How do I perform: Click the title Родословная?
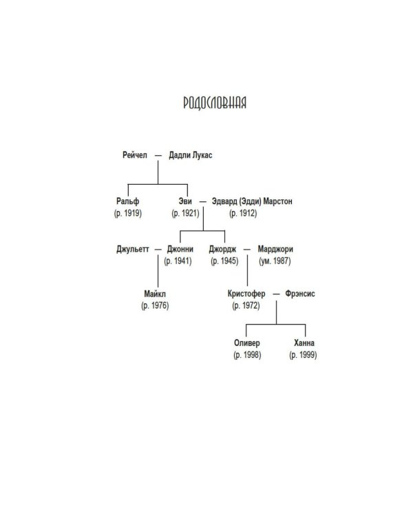[x=215, y=103]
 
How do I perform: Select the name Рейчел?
[x=135, y=155]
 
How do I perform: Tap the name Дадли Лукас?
[x=191, y=155]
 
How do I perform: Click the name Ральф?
[x=128, y=201]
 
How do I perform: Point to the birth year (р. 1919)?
[x=128, y=213]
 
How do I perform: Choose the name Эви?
[x=185, y=201]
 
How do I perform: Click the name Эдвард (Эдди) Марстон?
[x=252, y=201]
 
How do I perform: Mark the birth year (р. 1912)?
[x=243, y=213]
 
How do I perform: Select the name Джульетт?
[x=133, y=249]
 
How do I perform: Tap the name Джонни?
[x=180, y=249]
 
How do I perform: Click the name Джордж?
[x=222, y=249]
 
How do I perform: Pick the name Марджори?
[x=275, y=249]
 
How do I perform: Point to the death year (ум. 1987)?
[x=275, y=261]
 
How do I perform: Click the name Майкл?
[x=155, y=294]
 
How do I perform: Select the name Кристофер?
[x=246, y=294]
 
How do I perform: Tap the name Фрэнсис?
[x=300, y=294]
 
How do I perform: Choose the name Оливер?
[x=247, y=343]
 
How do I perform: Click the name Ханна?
[x=304, y=343]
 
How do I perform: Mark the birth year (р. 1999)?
[x=303, y=355]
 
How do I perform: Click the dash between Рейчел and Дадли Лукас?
[x=158, y=155]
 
